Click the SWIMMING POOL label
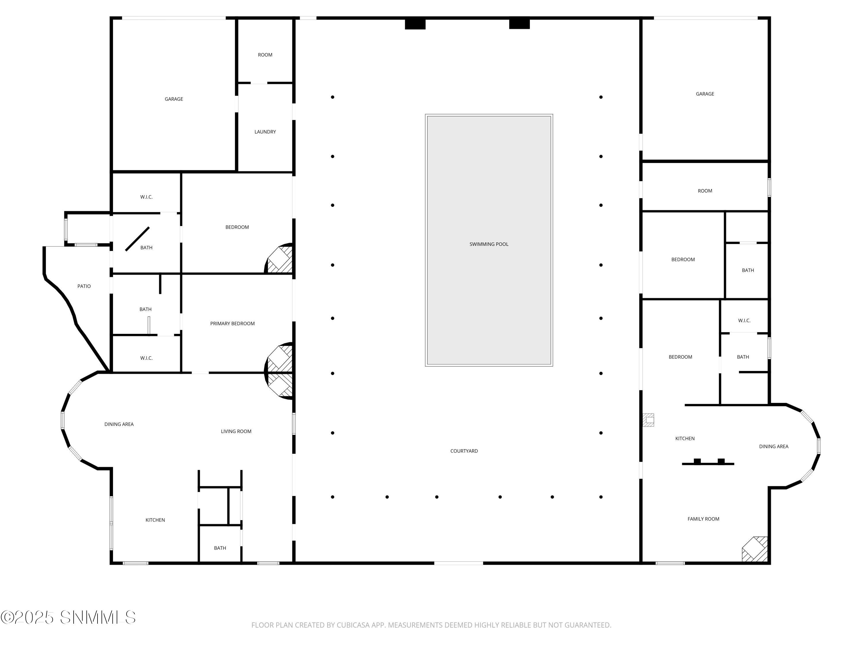point(488,244)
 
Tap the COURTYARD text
point(464,451)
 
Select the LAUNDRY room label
point(265,132)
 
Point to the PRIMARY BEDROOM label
point(232,323)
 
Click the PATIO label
point(84,286)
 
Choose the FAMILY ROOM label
point(703,519)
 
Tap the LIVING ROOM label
point(236,431)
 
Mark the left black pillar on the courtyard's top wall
point(415,24)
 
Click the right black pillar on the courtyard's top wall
point(519,24)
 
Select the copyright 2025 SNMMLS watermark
point(68,617)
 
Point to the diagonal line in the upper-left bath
point(137,239)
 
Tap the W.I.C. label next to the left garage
point(146,197)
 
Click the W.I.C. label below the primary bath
point(146,358)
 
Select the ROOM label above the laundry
point(265,55)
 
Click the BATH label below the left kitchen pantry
point(220,548)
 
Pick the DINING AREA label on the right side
point(773,447)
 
